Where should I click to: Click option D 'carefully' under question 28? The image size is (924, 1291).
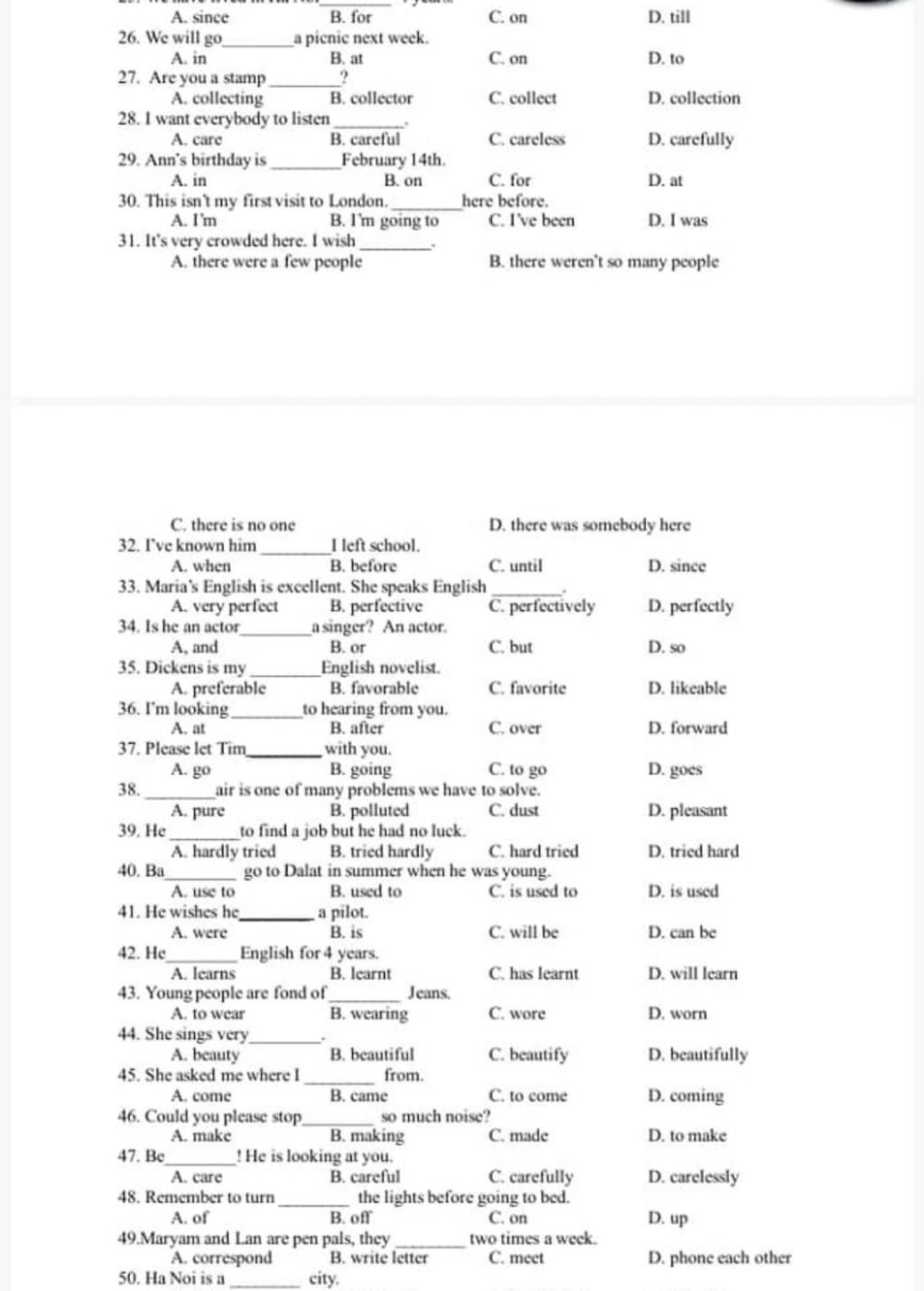tap(690, 139)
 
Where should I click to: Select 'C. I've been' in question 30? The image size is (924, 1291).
tap(531, 220)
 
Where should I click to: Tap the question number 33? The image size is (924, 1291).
tap(128, 587)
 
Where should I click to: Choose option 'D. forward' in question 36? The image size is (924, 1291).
tap(688, 728)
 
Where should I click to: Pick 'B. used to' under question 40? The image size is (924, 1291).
tap(365, 891)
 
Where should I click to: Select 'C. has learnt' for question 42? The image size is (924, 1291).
tap(533, 973)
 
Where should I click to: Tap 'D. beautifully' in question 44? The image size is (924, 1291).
tap(698, 1054)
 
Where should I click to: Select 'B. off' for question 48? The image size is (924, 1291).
tap(351, 1217)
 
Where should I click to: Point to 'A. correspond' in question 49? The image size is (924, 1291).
tap(221, 1258)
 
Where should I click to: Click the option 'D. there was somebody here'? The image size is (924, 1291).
tap(589, 525)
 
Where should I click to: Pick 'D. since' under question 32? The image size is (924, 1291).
tap(677, 566)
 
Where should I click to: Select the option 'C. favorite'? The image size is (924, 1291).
tap(527, 688)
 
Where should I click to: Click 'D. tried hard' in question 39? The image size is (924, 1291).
tap(693, 851)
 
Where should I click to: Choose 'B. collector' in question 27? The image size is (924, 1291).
tap(371, 98)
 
